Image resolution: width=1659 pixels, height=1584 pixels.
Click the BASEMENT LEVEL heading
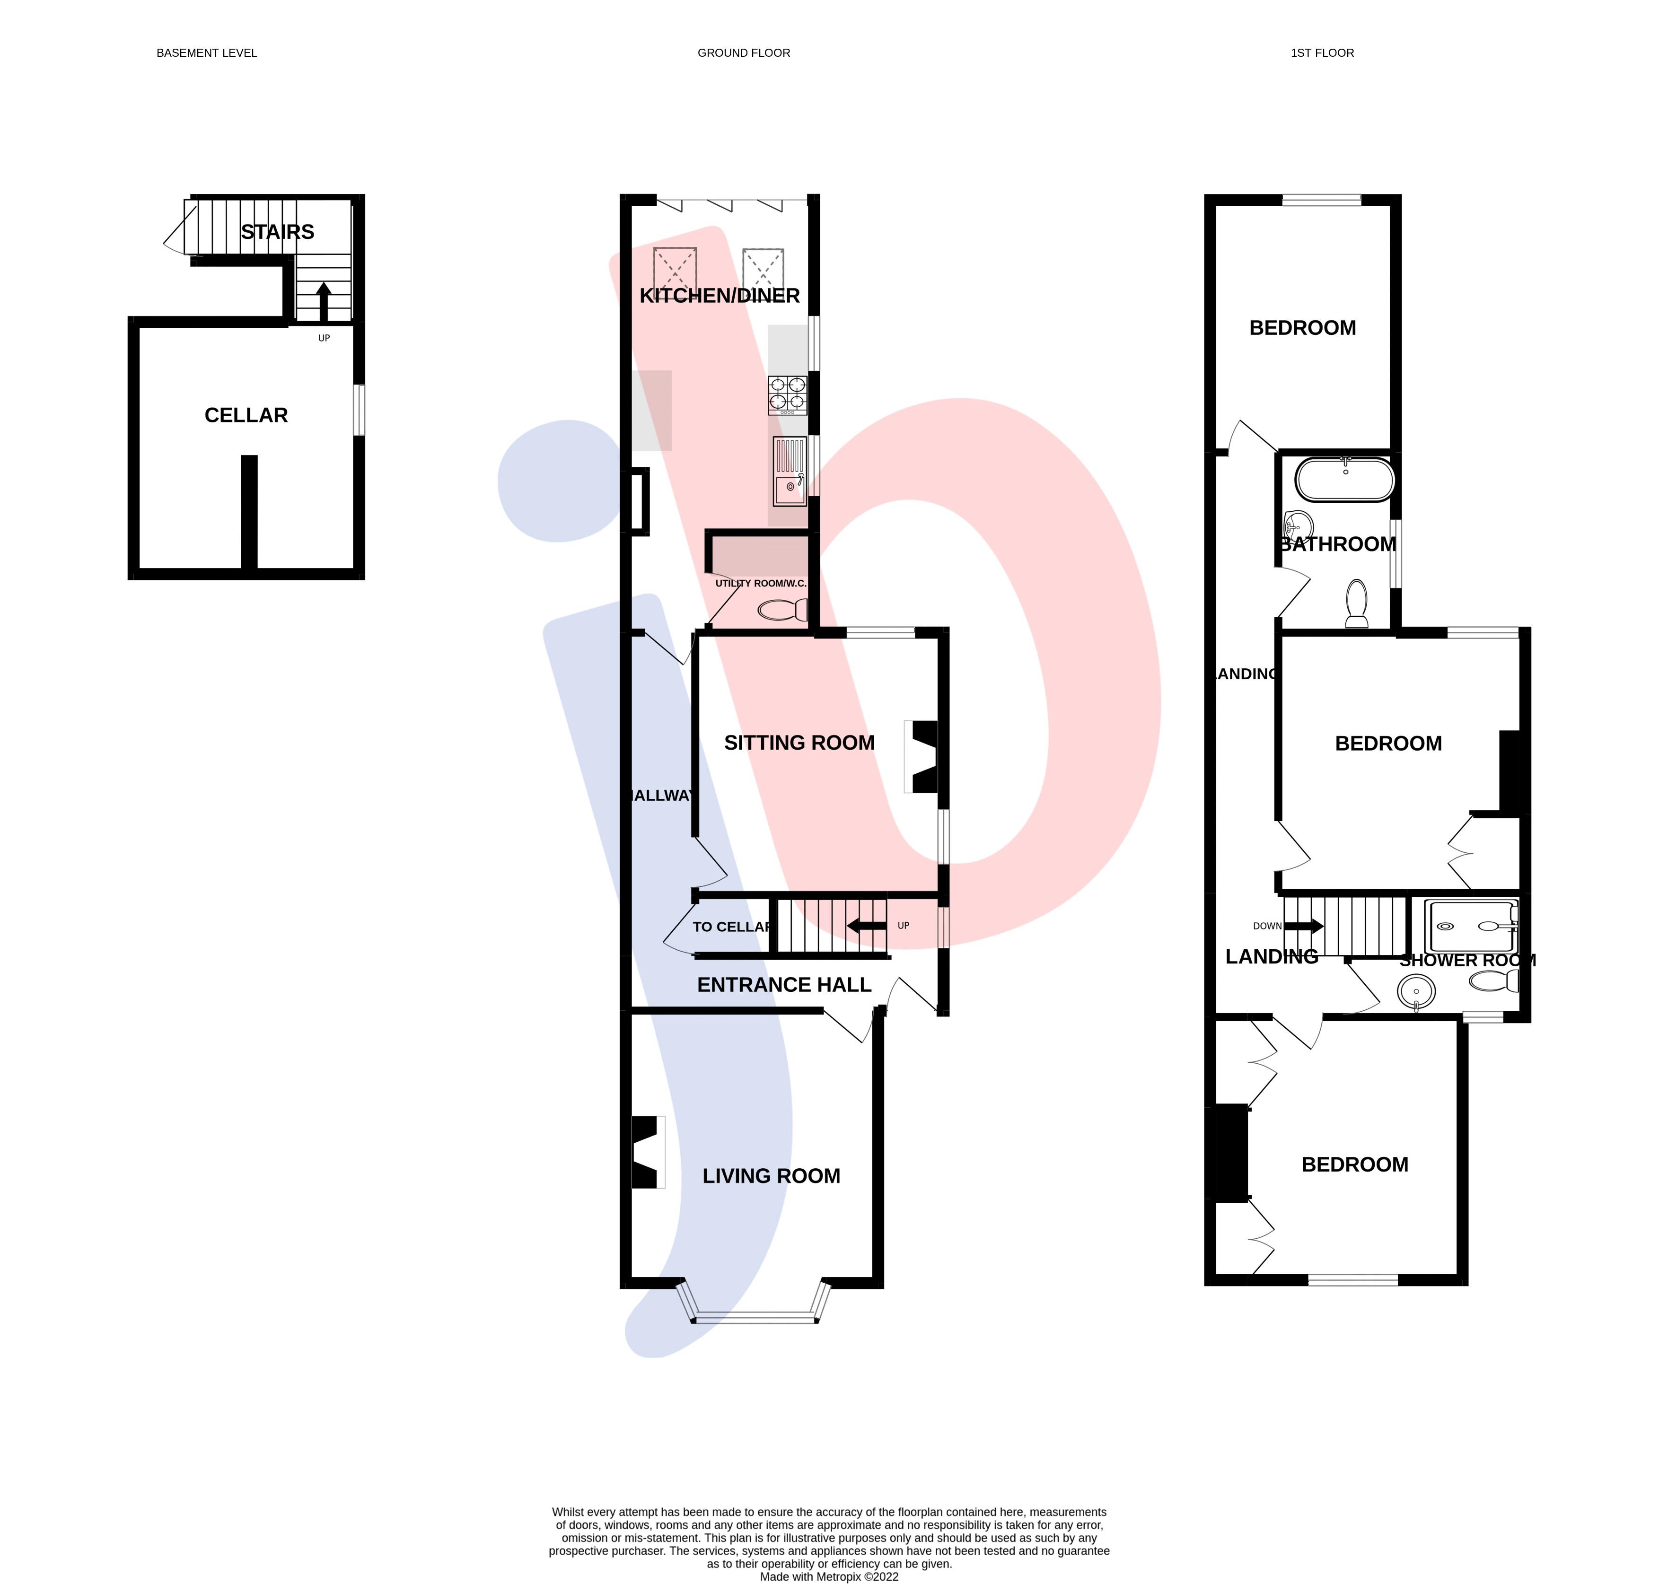pyautogui.click(x=207, y=53)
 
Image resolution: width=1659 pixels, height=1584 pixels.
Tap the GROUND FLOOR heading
pyautogui.click(x=743, y=53)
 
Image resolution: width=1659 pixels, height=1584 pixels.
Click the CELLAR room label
pyautogui.click(x=246, y=415)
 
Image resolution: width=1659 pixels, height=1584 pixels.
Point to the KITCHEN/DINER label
pyautogui.click(x=720, y=296)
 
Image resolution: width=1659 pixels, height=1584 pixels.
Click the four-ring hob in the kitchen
pyautogui.click(x=787, y=395)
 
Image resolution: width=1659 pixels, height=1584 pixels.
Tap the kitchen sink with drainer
pyautogui.click(x=790, y=471)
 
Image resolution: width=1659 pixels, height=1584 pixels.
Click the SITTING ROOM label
pyautogui.click(x=799, y=743)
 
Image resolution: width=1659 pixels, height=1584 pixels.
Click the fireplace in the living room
pyautogui.click(x=646, y=1153)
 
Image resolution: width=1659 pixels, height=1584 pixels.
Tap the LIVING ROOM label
pyautogui.click(x=771, y=1176)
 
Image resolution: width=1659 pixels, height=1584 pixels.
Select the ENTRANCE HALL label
pyautogui.click(x=783, y=985)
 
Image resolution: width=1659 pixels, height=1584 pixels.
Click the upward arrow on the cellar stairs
pyautogui.click(x=324, y=301)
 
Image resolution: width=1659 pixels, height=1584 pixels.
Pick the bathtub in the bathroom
pyautogui.click(x=1345, y=481)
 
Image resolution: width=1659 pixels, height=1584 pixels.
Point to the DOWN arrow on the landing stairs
pyautogui.click(x=1304, y=926)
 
